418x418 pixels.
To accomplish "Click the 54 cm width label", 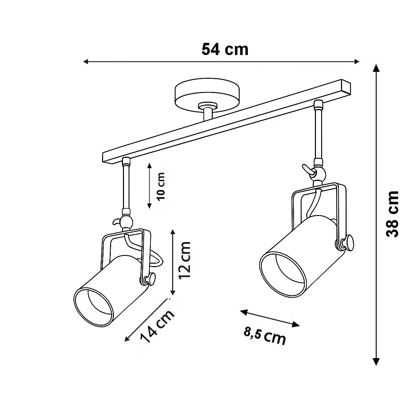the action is (x=225, y=50).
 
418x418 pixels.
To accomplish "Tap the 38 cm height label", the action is (x=393, y=214).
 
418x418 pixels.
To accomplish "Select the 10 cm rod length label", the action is (x=161, y=187).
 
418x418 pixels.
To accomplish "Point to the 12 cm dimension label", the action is (x=184, y=260).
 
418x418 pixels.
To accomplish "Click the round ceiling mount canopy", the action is (x=207, y=95).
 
